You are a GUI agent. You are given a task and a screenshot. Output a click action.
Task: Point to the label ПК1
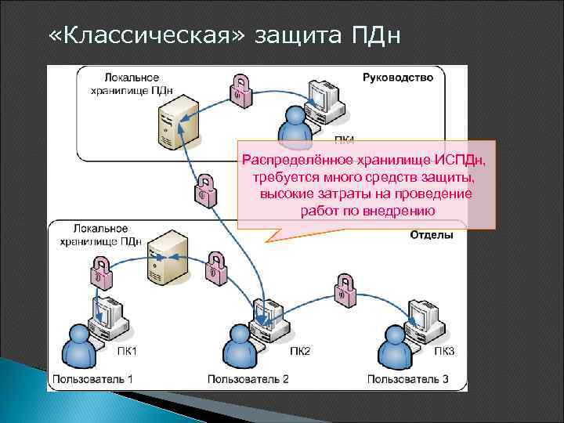click(x=127, y=351)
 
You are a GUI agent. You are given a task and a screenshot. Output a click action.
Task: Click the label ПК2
click(x=300, y=351)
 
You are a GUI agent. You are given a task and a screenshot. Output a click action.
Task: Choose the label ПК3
click(x=444, y=351)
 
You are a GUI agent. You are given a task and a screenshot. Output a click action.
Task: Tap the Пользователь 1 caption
click(x=93, y=379)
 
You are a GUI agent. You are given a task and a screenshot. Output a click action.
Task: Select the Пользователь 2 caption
click(x=248, y=379)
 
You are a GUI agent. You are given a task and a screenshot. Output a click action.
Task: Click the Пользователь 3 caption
click(x=408, y=379)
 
